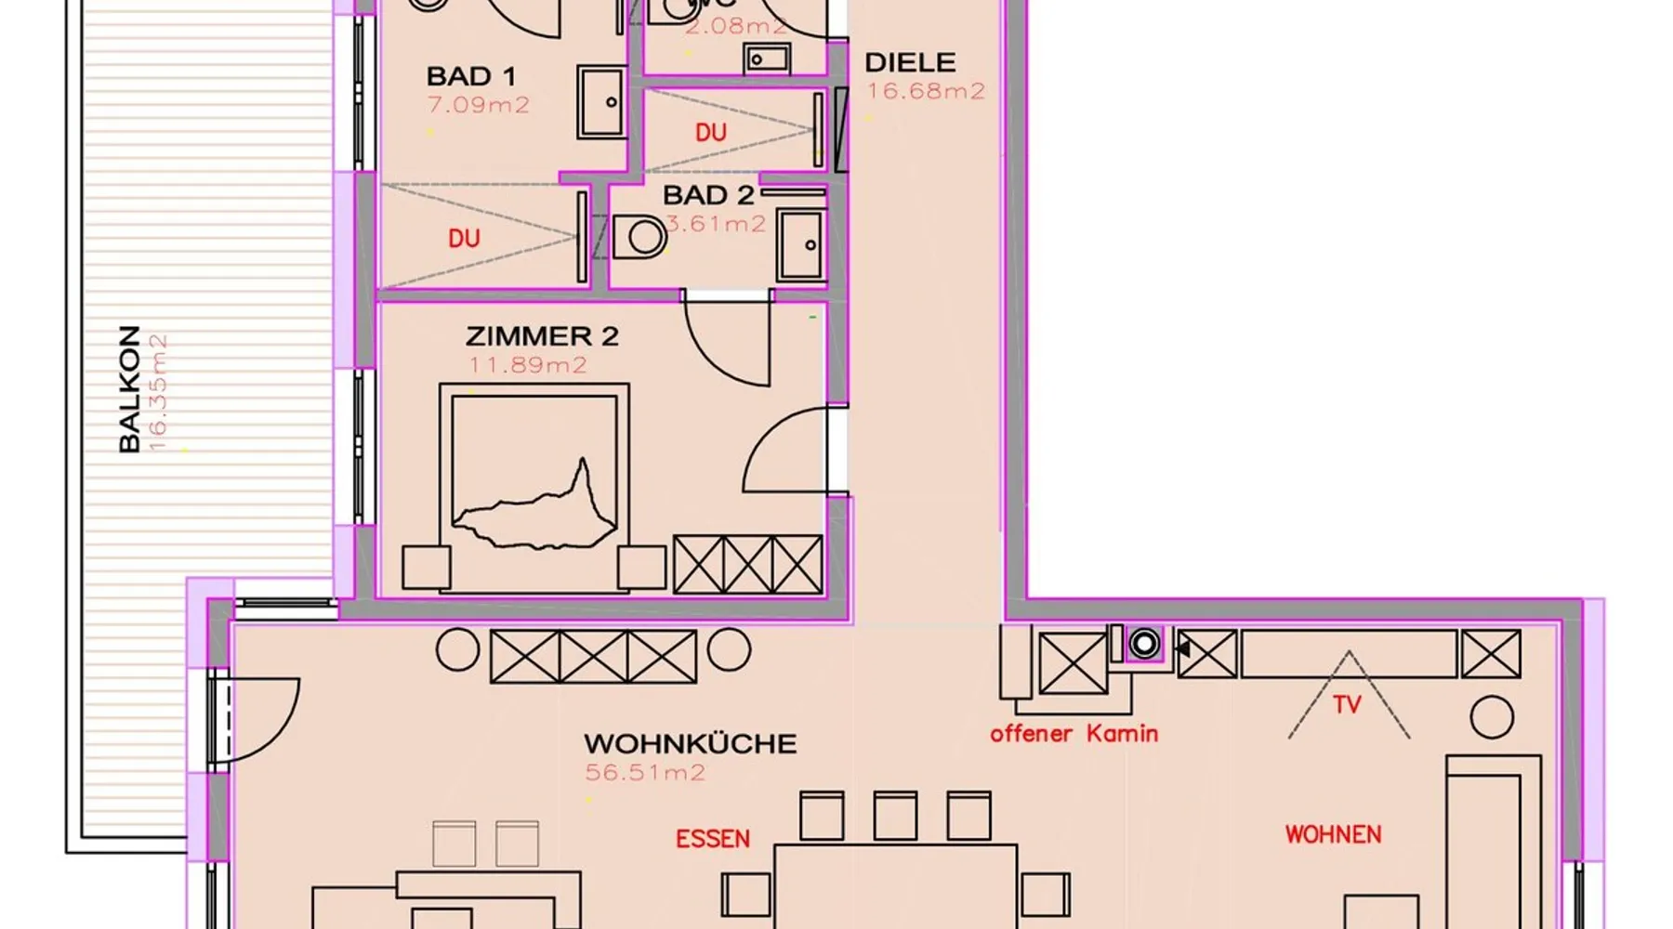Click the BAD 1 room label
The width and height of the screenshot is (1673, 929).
tap(470, 76)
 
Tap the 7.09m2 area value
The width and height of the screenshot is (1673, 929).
tap(478, 105)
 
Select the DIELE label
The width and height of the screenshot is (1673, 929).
tap(910, 63)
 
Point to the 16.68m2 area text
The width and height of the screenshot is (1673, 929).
tap(926, 91)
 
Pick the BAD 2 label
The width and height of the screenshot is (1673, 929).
tap(708, 196)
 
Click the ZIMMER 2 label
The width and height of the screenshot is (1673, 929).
tap(542, 336)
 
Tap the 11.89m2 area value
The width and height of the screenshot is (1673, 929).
tap(528, 365)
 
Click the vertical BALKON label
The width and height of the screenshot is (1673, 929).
tap(129, 389)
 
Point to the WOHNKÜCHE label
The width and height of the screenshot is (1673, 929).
tap(690, 744)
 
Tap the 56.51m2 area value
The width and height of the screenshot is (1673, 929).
tap(645, 773)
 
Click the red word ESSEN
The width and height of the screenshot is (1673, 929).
tap(712, 840)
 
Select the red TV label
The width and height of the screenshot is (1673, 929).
tap(1347, 705)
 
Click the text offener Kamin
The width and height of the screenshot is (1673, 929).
tap(1074, 734)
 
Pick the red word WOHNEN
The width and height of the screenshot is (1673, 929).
tap(1333, 834)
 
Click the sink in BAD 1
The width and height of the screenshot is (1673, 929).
tap(601, 102)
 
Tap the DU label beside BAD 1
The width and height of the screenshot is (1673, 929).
tap(464, 239)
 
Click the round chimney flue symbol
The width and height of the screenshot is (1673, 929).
tap(1145, 642)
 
